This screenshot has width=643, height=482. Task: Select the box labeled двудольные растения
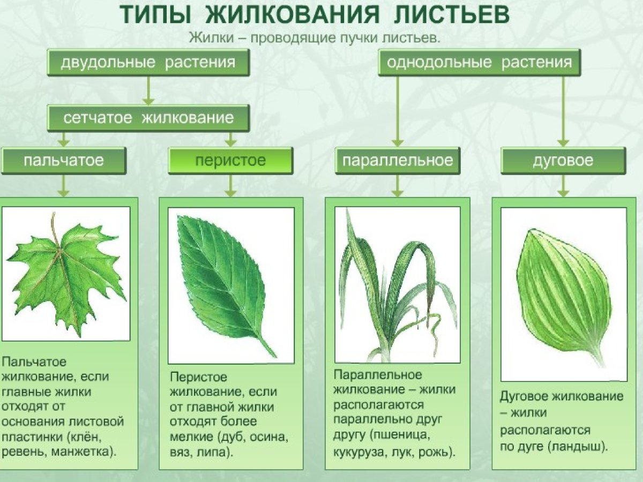point(148,62)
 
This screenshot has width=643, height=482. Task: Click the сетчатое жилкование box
point(148,118)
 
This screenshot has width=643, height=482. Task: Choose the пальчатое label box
point(63,161)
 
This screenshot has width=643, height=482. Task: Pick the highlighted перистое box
point(230,161)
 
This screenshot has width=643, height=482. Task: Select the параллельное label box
point(397,161)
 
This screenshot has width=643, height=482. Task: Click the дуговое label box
point(563,161)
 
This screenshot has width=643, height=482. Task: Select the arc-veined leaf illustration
point(563,295)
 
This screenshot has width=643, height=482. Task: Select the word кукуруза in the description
point(358,451)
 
